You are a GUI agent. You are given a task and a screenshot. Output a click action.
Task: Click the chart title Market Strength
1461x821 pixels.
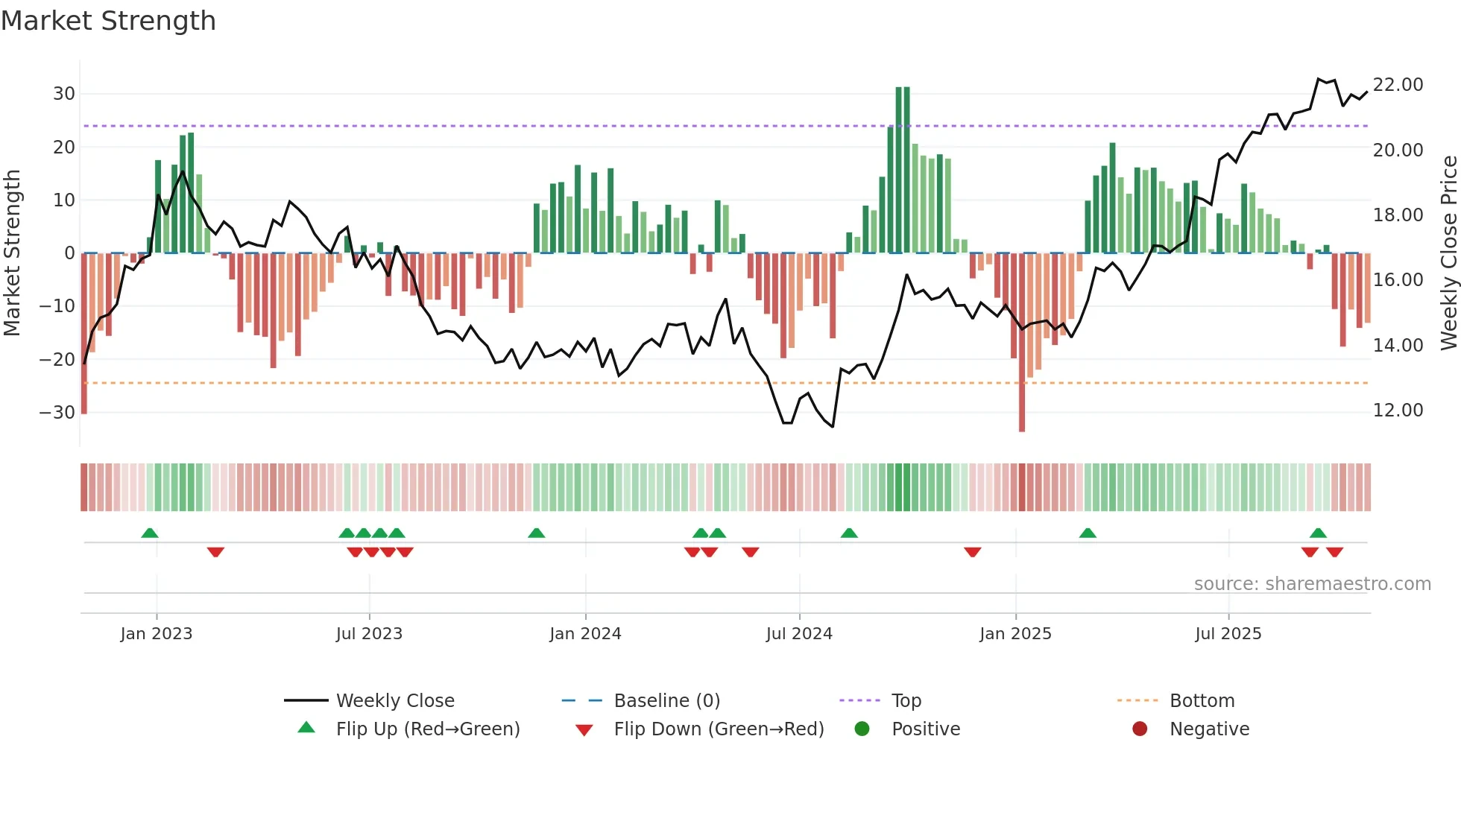click(108, 21)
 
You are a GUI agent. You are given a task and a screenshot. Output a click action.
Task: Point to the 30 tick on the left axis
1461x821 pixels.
click(64, 94)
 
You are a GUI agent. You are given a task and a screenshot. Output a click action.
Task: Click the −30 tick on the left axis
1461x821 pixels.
click(58, 413)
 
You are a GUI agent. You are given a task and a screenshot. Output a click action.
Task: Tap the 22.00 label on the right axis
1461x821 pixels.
click(1398, 85)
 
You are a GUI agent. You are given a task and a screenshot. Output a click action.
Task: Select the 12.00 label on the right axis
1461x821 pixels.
click(1398, 410)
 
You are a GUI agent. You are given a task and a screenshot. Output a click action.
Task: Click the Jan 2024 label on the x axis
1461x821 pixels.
click(585, 634)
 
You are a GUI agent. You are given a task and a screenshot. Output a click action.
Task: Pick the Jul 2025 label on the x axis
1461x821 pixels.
click(1228, 634)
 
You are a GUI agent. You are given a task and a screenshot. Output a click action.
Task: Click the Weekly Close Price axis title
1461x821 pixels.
click(1448, 253)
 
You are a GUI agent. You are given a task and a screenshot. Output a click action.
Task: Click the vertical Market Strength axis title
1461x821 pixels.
click(12, 253)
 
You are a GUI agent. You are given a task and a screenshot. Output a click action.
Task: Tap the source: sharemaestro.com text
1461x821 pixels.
click(1312, 584)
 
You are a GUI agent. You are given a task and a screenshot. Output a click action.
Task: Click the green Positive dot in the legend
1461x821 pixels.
click(862, 729)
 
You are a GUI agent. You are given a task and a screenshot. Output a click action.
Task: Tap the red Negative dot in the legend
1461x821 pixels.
click(1140, 729)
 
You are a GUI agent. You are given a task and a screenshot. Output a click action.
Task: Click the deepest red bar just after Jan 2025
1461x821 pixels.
click(1022, 343)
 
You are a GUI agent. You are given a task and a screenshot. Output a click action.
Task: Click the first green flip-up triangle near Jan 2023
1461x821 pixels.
click(150, 533)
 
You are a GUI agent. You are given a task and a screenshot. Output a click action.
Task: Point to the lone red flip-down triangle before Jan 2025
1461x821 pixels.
click(972, 552)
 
